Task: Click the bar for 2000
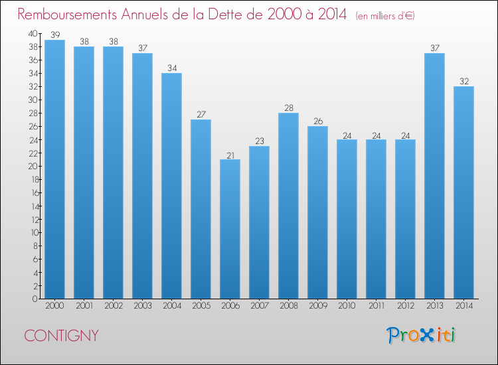[x=54, y=169]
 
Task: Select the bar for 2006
[x=230, y=229]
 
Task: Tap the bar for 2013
[x=434, y=176]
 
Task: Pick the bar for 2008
[x=288, y=206]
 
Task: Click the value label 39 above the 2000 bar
[x=55, y=35]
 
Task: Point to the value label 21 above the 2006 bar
[x=230, y=155]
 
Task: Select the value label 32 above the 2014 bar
[x=464, y=81]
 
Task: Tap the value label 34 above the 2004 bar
[x=172, y=68]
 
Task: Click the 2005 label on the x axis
[x=201, y=306]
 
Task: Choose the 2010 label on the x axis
[x=347, y=306]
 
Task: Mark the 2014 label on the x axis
[x=464, y=306]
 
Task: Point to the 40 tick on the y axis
[x=33, y=34]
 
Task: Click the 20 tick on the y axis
[x=33, y=167]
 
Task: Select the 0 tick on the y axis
[x=35, y=299]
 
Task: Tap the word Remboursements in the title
[x=67, y=15]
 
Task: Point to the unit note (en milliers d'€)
[x=385, y=16]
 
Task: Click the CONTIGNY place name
[x=61, y=336]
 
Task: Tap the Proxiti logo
[x=421, y=335]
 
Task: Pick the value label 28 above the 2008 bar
[x=289, y=108]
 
